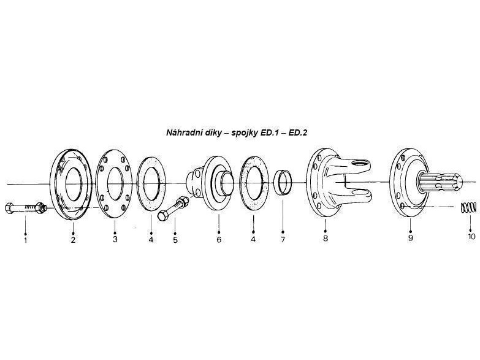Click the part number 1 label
click(x=25, y=240)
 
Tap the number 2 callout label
click(x=73, y=240)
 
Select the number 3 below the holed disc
click(x=115, y=239)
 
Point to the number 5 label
click(x=175, y=240)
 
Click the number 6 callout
click(x=219, y=240)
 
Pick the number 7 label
click(x=283, y=239)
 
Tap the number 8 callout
click(x=325, y=238)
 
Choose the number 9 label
click(x=410, y=238)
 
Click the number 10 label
click(x=472, y=237)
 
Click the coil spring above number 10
click(x=468, y=207)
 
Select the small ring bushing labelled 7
click(x=283, y=183)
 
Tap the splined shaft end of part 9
click(x=440, y=183)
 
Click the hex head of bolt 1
click(x=9, y=208)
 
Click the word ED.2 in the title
click(x=298, y=132)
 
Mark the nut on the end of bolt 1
click(x=40, y=207)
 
